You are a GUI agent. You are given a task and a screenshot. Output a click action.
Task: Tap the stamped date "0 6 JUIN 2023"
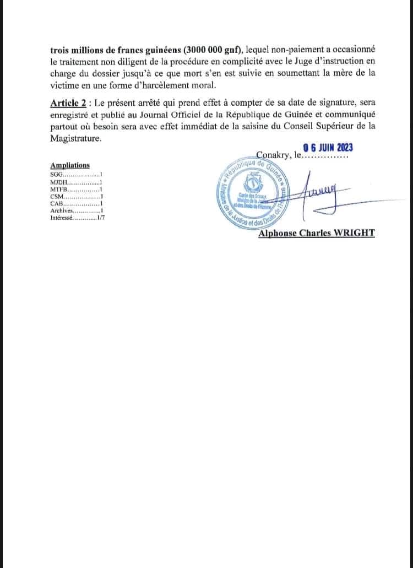pos(324,147)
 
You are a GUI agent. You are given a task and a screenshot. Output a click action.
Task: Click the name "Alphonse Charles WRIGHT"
pos(317,233)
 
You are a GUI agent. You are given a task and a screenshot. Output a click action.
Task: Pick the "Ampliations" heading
pos(70,165)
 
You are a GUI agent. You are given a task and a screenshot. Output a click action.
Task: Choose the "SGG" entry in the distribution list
pos(57,174)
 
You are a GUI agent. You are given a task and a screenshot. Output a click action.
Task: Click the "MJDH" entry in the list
pos(58,182)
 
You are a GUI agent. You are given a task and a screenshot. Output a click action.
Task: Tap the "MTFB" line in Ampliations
pos(58,189)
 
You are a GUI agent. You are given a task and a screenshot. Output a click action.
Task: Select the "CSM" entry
pos(57,196)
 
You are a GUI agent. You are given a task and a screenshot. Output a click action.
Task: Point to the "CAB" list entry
pos(57,203)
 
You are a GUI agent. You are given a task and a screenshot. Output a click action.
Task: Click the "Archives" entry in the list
pos(61,210)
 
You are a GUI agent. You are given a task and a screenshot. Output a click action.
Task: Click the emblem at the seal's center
pos(254,184)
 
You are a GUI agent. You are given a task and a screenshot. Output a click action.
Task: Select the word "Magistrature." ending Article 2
pos(76,139)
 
